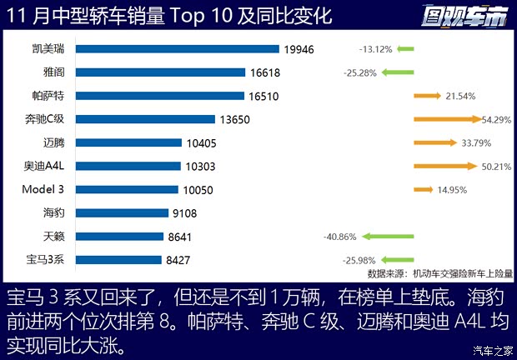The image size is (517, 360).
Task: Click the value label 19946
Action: pyautogui.click(x=299, y=49)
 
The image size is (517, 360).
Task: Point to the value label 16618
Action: pyautogui.click(x=265, y=72)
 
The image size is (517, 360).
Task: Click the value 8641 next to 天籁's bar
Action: pyautogui.click(x=181, y=237)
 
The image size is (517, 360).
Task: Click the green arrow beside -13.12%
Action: pyautogui.click(x=404, y=49)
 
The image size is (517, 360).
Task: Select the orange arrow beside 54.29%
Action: pyautogui.click(x=446, y=119)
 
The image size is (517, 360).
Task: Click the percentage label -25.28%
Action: pyautogui.click(x=359, y=73)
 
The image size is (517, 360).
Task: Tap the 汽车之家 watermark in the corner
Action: pyautogui.click(x=493, y=349)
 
